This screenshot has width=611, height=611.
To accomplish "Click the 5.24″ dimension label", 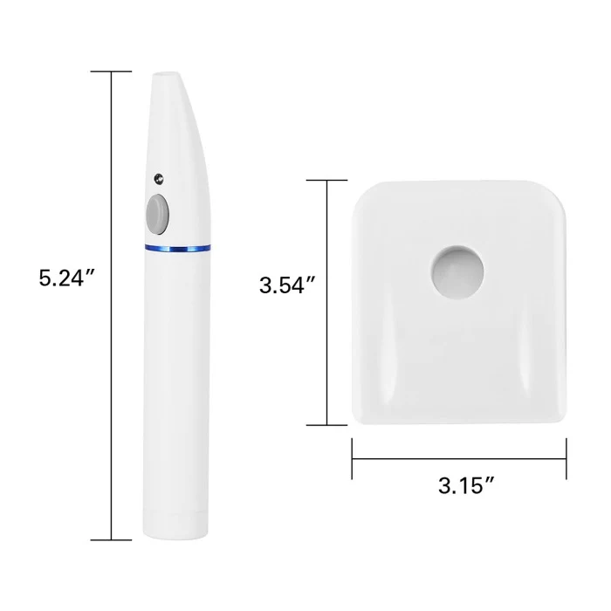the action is coord(67,278).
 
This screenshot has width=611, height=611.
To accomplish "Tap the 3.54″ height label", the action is coord(287,285).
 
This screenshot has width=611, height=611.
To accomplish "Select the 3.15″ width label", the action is coord(466,485).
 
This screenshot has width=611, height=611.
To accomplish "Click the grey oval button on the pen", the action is coord(157,215).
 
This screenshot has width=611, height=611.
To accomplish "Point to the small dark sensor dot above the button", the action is coord(159,179).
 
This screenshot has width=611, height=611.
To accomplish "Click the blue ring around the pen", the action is coord(178,248).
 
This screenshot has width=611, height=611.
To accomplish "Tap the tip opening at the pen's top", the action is coord(167,75).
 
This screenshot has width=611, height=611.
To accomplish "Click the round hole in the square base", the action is coord(457,272).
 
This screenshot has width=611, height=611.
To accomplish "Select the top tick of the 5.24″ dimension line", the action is coord(111,72).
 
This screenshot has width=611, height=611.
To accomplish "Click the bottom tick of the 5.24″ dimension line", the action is coord(111,540).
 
